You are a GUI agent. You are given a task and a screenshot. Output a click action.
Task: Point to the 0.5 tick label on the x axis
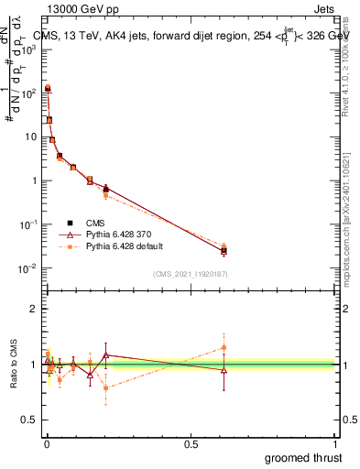tap(191, 442)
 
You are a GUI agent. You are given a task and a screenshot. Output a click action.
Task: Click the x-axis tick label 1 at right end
tap(335, 442)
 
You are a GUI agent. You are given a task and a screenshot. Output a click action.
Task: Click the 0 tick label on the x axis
tap(47, 442)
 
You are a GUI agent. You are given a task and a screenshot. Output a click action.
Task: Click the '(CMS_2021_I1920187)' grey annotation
tap(191, 274)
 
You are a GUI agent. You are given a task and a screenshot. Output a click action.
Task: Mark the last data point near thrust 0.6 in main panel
tap(224, 250)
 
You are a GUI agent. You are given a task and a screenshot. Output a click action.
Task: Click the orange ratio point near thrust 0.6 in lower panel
tap(224, 347)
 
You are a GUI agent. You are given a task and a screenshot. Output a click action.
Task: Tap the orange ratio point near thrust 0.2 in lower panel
tap(106, 387)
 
